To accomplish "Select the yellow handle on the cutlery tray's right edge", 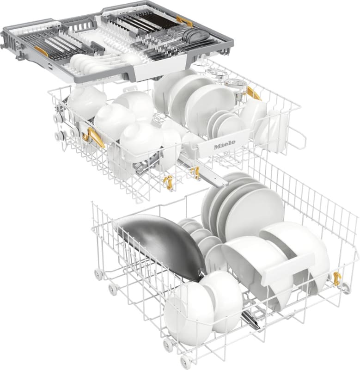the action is (184, 21).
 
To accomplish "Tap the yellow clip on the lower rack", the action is (336, 278).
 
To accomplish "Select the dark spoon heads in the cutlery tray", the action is (195, 35).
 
